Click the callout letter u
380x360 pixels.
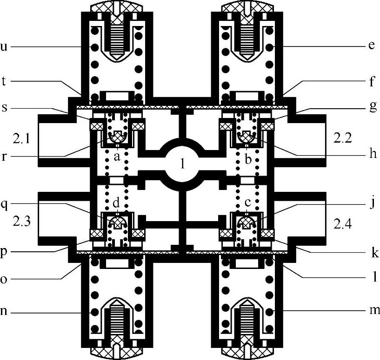coord(4,46)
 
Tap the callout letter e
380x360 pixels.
coord(372,46)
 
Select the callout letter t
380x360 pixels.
coord(3,81)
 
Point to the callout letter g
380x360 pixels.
coord(373,106)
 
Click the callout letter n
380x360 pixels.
coord(3,311)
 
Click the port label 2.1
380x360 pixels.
coord(21,139)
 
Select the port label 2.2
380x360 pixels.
coord(342,138)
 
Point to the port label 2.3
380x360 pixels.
coord(21,222)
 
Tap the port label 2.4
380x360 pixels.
coord(342,224)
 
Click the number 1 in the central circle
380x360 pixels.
coord(183,164)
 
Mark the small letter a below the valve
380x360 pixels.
coord(117,157)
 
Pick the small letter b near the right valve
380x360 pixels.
coord(248,159)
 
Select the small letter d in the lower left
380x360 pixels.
coord(116,203)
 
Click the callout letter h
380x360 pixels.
coord(373,153)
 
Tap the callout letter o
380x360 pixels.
coord(4,279)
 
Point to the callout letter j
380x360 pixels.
coord(373,203)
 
